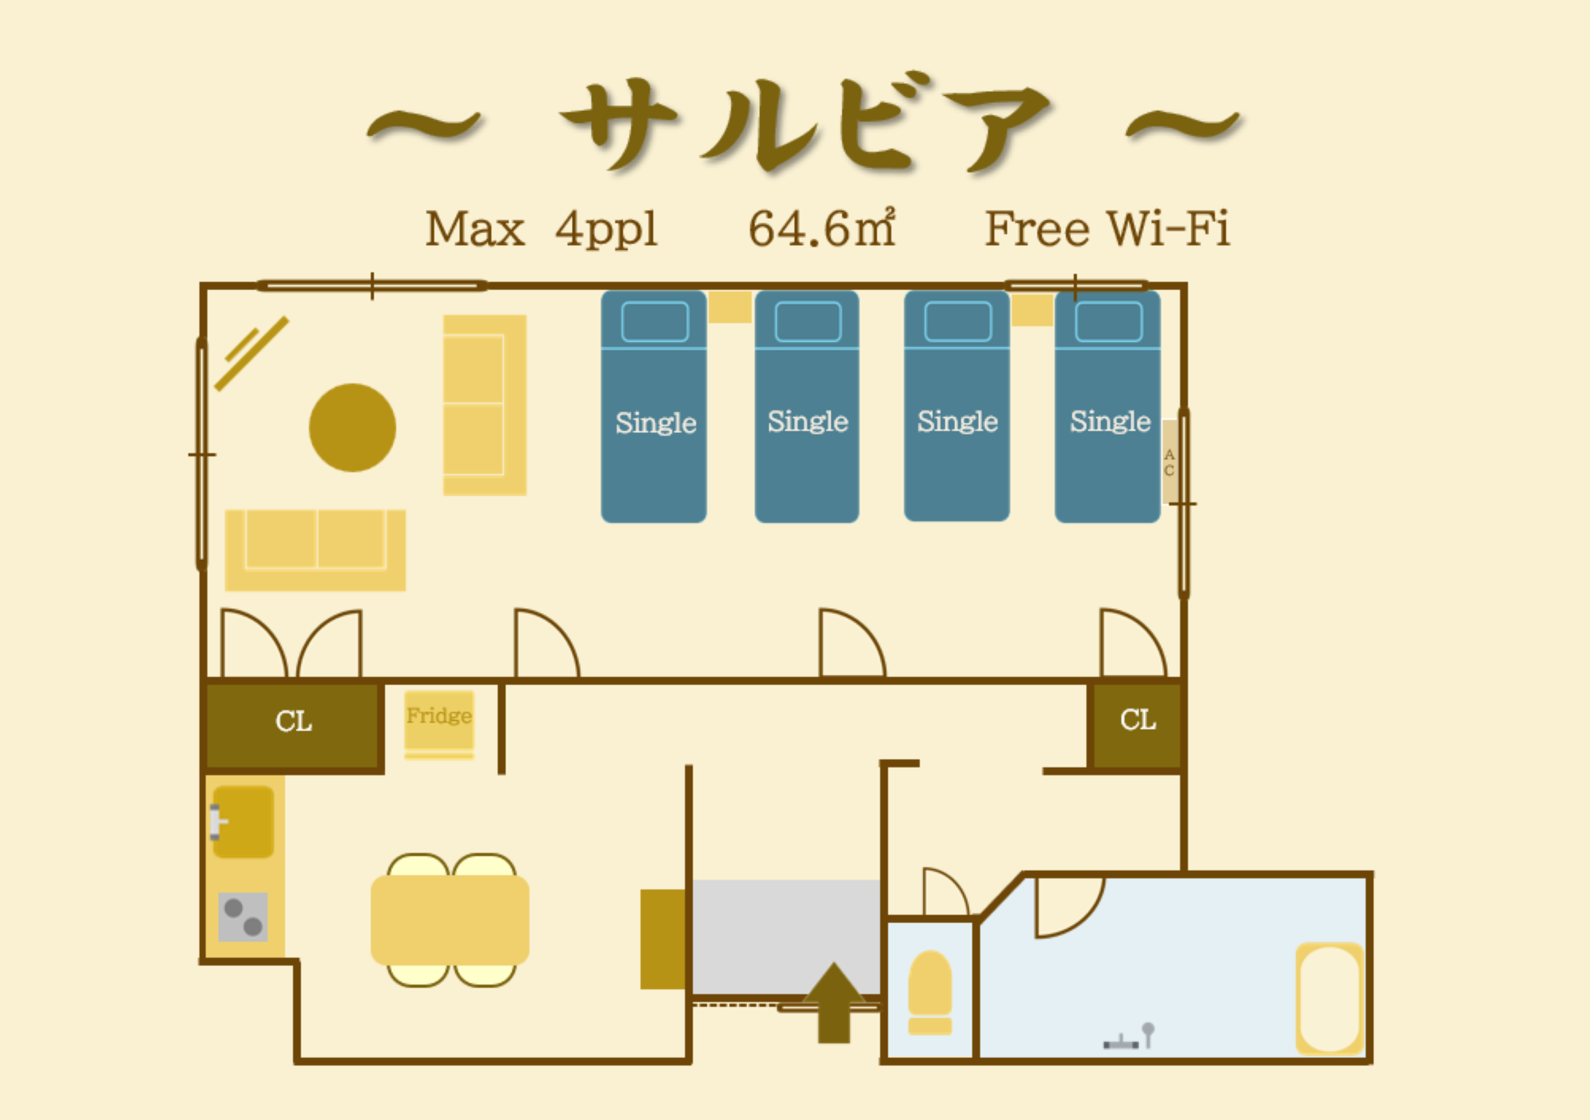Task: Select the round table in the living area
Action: [x=352, y=427]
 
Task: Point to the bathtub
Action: [x=1329, y=998]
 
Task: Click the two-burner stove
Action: [x=243, y=917]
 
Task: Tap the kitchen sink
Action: [x=243, y=822]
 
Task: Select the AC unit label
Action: [x=1169, y=462]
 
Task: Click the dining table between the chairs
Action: [x=450, y=920]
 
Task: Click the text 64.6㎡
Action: [x=822, y=228]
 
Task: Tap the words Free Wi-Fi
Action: [x=1107, y=228]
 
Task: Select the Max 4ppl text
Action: [x=541, y=228]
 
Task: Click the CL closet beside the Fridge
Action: [x=293, y=725]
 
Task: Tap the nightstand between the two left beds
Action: [x=730, y=307]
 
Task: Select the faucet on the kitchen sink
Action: [x=217, y=822]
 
